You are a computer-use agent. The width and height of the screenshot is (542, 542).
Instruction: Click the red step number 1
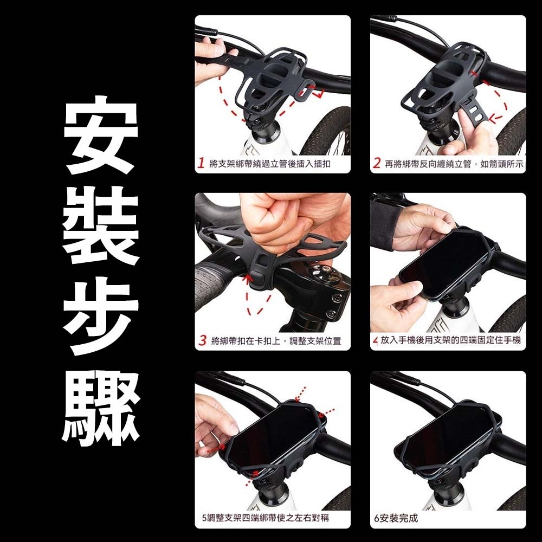pos(202,163)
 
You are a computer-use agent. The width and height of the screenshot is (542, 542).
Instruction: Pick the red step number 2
pos(377,163)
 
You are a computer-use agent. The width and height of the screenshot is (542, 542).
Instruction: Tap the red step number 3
pos(202,340)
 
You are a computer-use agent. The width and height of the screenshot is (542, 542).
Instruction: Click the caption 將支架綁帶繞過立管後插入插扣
pos(269,164)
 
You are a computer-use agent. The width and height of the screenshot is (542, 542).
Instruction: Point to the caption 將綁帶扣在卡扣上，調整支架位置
pos(276,341)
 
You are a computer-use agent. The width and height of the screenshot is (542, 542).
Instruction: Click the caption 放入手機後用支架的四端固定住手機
pos(450,340)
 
